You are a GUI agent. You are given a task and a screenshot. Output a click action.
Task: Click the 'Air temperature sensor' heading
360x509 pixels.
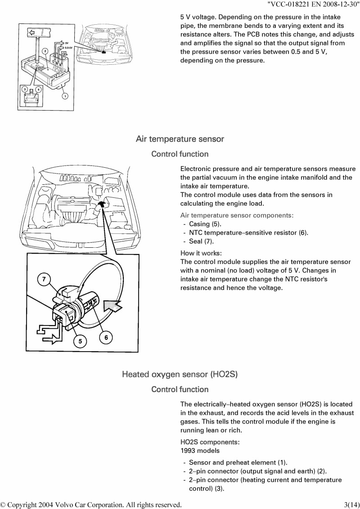180,139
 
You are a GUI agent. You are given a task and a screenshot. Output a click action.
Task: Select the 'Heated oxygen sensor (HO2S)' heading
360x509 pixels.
180,374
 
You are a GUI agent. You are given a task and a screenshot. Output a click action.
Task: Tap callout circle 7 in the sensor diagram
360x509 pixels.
44,279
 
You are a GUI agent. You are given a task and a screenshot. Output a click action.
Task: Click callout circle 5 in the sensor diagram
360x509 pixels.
80,341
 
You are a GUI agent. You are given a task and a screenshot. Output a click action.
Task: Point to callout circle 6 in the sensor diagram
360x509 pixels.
106,338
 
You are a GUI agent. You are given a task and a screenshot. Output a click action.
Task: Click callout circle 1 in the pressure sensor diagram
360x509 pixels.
65,96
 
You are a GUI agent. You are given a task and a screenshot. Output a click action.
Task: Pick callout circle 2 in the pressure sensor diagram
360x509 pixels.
45,51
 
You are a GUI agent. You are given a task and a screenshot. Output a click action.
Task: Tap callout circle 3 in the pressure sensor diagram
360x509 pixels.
25,89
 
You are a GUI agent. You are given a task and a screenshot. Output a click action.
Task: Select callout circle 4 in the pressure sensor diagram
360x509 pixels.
38,89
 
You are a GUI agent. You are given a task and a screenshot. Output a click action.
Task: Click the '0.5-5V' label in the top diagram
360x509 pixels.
68,48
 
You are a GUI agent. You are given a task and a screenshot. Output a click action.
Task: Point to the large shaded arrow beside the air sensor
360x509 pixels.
112,307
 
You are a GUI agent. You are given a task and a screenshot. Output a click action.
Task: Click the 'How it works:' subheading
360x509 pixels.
201,253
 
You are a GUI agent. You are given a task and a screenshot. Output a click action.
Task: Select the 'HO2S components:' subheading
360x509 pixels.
210,442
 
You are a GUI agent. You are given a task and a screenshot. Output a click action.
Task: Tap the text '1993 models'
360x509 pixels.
200,451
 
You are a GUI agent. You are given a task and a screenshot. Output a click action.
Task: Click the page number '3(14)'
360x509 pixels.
351,505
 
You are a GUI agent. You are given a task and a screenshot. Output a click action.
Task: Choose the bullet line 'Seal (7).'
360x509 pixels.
202,241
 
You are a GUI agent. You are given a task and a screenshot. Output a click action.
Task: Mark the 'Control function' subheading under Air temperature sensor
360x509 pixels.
180,154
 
